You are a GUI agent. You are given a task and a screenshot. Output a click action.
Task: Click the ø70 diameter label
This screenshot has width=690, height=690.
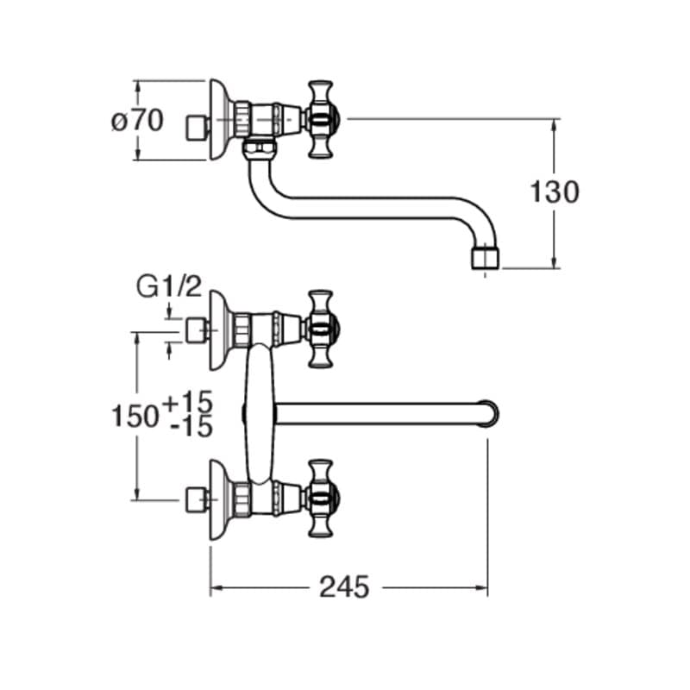tap(138, 122)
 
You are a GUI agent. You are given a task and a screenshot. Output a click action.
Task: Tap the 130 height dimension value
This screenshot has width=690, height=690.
tap(555, 192)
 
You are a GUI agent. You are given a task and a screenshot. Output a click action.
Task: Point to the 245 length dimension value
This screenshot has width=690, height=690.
tap(344, 587)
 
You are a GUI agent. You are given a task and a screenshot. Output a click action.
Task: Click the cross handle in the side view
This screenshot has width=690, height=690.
tap(320, 119)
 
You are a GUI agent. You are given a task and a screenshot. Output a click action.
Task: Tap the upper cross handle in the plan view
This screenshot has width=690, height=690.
tap(320, 329)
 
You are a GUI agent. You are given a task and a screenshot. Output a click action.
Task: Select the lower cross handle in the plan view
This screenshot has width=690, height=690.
tap(320, 499)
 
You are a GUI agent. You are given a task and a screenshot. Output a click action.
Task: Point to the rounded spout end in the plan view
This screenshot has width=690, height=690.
tap(488, 413)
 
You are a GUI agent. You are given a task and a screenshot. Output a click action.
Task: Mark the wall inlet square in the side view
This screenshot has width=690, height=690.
tap(198, 128)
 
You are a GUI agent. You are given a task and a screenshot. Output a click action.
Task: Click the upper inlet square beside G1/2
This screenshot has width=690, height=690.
tap(198, 329)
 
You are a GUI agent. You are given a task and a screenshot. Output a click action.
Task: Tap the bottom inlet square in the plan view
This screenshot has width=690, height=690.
tap(198, 499)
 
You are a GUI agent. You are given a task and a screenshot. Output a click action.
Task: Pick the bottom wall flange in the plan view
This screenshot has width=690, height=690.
tap(221, 499)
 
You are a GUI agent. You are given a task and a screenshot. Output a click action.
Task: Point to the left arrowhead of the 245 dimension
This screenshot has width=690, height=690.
tap(216, 587)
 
